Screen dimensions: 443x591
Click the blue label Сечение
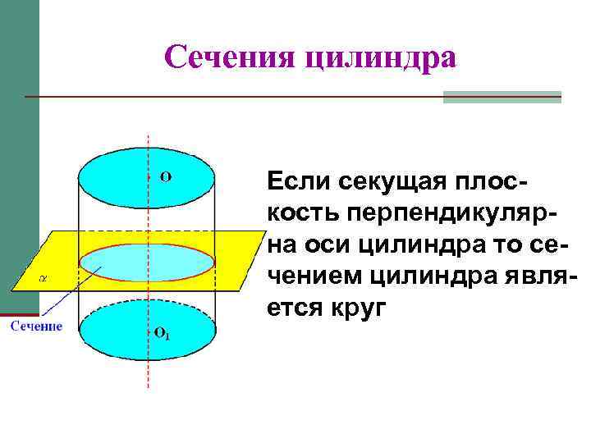(x=36, y=327)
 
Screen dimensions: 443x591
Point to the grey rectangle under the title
(x=502, y=97)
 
